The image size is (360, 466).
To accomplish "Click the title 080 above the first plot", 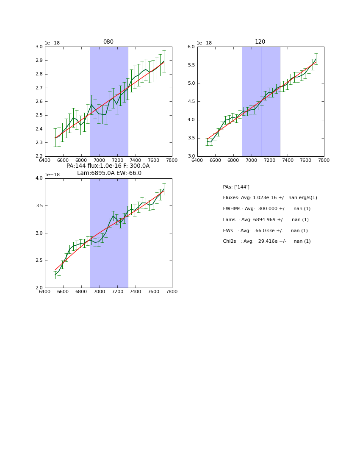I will pyautogui.click(x=108, y=42).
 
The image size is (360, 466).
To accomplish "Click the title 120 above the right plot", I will pyautogui.click(x=260, y=42).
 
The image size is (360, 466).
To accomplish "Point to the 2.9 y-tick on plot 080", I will pyautogui.click(x=39, y=61).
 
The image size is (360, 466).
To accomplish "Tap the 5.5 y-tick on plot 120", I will pyautogui.click(x=191, y=65).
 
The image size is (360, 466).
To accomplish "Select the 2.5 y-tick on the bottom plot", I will pyautogui.click(x=39, y=261).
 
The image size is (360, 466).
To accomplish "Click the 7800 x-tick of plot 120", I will pyautogui.click(x=324, y=160).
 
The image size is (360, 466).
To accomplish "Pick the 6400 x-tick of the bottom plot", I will pyautogui.click(x=45, y=292).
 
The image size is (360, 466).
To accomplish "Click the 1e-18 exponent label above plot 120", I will pyautogui.click(x=205, y=43).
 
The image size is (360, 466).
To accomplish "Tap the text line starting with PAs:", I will pyautogui.click(x=236, y=187).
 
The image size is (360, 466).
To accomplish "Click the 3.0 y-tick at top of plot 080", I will pyautogui.click(x=39, y=47).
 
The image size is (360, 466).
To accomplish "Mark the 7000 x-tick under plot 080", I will pyautogui.click(x=99, y=160).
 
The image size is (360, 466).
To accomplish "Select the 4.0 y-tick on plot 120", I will pyautogui.click(x=191, y=120).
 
